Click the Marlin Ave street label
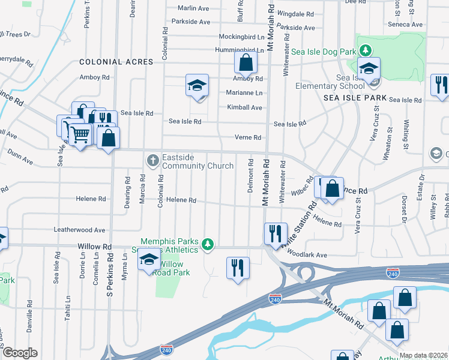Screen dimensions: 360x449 pos(193,8)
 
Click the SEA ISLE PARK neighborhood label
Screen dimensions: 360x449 pos(354,97)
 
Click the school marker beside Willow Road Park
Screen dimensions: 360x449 pos(148,260)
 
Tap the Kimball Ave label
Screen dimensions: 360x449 pos(244,107)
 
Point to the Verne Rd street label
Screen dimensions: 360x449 pos(248,137)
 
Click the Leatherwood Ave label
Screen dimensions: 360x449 pos(79,230)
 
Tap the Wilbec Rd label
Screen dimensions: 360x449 pos(303,187)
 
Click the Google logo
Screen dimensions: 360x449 pos(20,353)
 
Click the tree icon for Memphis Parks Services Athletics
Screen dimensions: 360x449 pos(207,244)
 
